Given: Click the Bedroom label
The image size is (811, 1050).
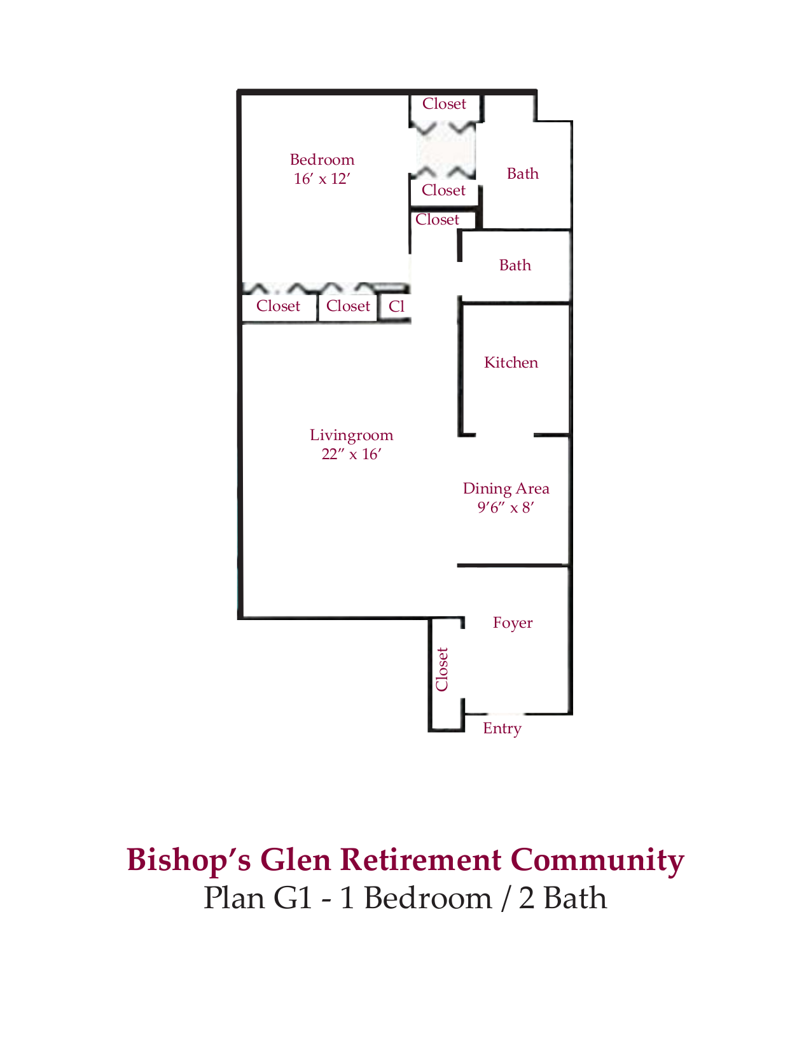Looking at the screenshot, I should click(322, 160).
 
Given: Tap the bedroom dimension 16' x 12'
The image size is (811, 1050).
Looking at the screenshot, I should click(322, 179).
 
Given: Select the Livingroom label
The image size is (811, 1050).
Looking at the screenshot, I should click(351, 435).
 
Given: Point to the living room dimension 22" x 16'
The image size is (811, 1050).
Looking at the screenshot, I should click(351, 454).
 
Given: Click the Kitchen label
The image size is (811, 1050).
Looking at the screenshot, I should click(511, 363).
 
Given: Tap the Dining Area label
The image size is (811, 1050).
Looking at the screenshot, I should click(506, 488).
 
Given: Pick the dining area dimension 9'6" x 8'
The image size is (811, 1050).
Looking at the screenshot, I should click(506, 508).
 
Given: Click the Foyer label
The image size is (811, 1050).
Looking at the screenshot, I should click(513, 623).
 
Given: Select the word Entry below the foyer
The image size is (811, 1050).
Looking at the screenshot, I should click(502, 728).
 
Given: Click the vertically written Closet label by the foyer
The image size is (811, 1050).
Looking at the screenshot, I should click(442, 669).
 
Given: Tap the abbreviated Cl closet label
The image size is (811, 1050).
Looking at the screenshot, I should click(396, 307).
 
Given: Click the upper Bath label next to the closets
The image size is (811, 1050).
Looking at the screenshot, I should click(522, 174).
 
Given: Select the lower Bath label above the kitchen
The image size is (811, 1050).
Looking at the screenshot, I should click(515, 265).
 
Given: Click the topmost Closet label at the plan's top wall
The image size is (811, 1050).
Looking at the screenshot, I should click(444, 104).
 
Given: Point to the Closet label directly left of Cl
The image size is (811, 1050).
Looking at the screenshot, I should click(348, 306).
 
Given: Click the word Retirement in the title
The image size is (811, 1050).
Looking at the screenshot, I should click(420, 859).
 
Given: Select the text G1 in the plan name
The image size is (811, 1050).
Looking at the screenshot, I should click(293, 898).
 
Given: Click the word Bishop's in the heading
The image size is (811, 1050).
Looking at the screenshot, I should click(188, 859).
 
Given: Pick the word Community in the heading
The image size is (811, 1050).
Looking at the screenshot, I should click(597, 859).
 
